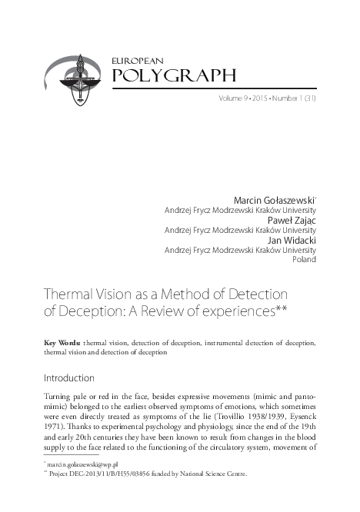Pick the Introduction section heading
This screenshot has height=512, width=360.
68,378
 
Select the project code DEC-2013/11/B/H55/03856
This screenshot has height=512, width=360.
118,476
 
